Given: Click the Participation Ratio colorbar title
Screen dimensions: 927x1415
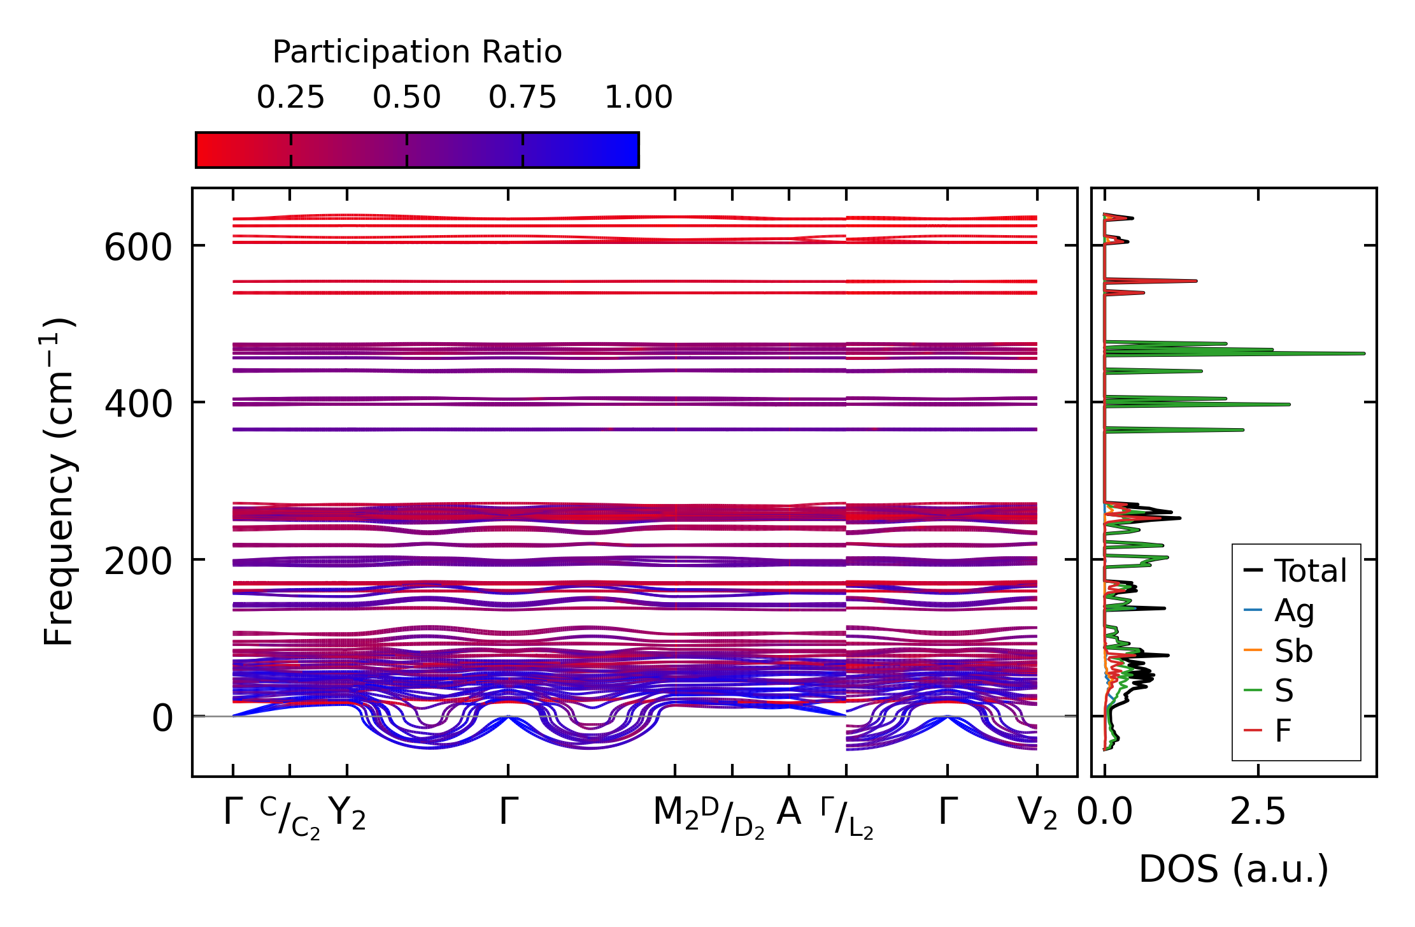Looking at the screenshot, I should click(417, 52).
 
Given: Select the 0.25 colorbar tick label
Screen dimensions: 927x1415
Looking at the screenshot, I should click(290, 97).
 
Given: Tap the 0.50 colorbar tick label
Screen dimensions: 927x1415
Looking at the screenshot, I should click(406, 97).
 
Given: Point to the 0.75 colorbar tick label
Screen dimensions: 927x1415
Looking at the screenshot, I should click(522, 97).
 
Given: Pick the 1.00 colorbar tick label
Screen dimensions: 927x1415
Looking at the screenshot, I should click(638, 97).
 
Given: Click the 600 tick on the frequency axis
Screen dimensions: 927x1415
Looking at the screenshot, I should click(138, 247).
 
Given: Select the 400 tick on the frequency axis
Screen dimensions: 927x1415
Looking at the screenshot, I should click(138, 404).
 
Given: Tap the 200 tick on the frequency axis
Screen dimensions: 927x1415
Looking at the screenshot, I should click(138, 561).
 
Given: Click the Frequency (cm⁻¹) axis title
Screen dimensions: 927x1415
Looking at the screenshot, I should click(59, 482).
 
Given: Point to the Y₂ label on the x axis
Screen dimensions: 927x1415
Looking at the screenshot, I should click(347, 814).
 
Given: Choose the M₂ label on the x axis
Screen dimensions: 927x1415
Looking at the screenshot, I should click(676, 814).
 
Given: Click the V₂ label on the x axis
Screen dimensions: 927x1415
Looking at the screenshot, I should click(1037, 814).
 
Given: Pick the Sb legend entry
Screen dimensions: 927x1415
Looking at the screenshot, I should click(1293, 650).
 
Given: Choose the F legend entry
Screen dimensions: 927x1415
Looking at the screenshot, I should click(1283, 730).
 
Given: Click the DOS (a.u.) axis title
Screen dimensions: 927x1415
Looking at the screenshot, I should click(1234, 870).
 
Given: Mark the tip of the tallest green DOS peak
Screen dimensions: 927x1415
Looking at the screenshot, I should click(1364, 354).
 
